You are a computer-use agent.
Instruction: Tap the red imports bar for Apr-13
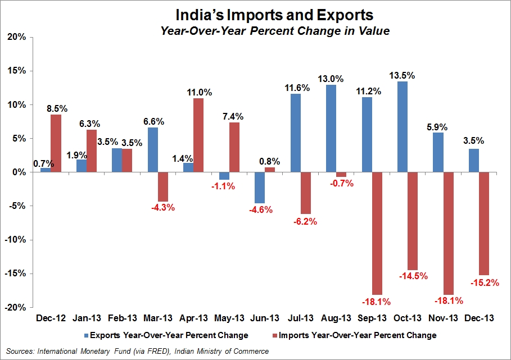point(198,135)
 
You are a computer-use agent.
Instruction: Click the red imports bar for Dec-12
point(56,143)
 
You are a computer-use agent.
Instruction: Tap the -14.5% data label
point(414,276)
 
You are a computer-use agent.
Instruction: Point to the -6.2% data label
point(305,221)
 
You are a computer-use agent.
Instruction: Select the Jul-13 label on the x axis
point(297,318)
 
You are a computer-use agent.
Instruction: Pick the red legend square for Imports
point(274,335)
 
